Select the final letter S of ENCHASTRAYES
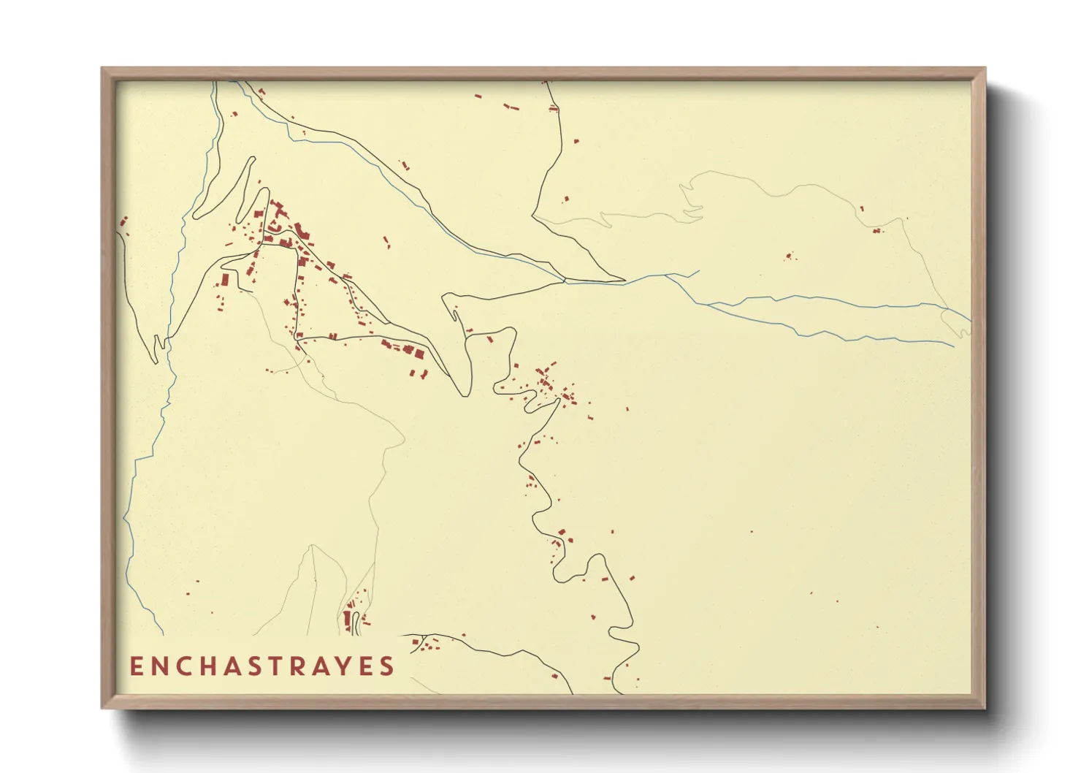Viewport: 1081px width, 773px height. [x=388, y=666]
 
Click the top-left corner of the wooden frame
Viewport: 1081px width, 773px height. [x=102, y=69]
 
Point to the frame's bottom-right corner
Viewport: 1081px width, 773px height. [x=985, y=707]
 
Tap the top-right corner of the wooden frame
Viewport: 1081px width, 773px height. [x=985, y=69]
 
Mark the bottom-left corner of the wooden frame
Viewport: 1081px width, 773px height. [x=102, y=707]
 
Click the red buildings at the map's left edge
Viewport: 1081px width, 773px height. [x=123, y=221]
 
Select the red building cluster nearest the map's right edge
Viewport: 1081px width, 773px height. [x=876, y=231]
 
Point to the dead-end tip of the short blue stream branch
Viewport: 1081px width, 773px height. [x=699, y=272]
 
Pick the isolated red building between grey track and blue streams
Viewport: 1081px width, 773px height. [x=788, y=256]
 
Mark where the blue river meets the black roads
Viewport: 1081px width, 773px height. [x=565, y=280]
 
